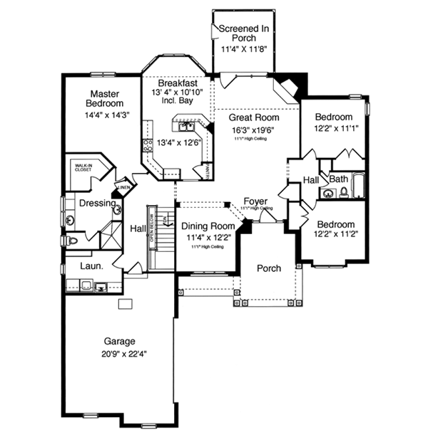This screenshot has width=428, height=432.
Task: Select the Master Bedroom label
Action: (103, 98)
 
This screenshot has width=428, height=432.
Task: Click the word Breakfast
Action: (178, 83)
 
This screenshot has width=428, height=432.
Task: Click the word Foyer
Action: (255, 201)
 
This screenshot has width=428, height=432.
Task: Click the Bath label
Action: (338, 179)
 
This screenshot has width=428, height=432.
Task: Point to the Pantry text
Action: (207, 172)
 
